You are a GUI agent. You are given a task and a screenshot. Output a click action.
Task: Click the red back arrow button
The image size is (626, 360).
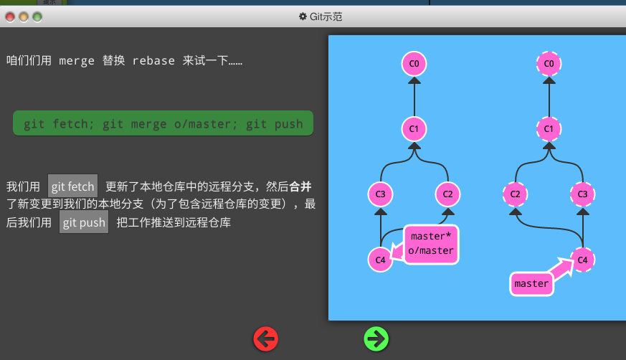[265, 339]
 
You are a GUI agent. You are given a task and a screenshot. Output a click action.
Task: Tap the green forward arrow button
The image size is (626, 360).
[376, 339]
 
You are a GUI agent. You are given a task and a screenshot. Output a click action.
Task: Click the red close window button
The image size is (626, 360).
[10, 16]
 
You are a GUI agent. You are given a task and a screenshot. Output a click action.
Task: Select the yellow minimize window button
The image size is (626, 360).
[24, 16]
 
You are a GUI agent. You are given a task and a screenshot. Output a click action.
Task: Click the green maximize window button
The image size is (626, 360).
[37, 16]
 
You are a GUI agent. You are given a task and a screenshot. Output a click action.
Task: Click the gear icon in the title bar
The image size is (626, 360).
[303, 16]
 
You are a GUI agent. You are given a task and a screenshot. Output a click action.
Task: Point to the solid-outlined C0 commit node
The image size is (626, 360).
[414, 64]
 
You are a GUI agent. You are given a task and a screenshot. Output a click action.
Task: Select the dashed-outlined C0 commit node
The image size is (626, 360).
[549, 64]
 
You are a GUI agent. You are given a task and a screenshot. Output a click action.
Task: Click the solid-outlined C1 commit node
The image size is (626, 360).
[414, 129]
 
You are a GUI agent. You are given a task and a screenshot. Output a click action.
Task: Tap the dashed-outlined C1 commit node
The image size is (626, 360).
[549, 129]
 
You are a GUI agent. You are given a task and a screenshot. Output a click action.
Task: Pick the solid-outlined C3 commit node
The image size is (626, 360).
[381, 194]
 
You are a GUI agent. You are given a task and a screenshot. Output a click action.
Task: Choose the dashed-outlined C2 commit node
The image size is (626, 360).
[516, 194]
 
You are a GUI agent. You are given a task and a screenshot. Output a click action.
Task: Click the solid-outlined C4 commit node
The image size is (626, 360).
[381, 260]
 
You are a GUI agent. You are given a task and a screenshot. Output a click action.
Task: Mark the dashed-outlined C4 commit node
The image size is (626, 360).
[582, 260]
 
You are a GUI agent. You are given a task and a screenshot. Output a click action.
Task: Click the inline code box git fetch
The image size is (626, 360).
[72, 186]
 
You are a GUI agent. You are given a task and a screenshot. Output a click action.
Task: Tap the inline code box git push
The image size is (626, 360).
[84, 222]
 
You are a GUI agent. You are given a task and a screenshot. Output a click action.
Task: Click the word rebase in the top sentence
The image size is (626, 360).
[153, 61]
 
